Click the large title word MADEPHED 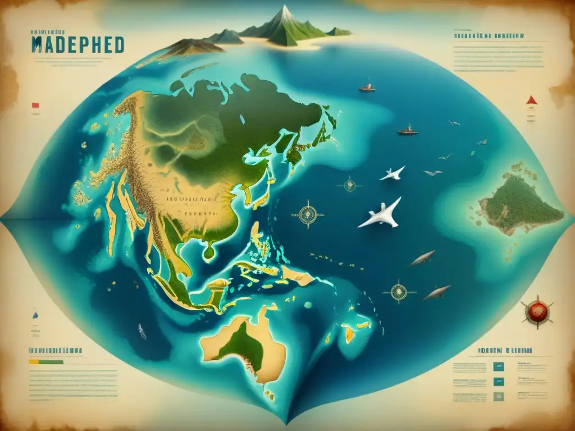[77, 45]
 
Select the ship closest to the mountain [367, 88]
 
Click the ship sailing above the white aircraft [408, 130]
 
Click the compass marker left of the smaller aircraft [350, 184]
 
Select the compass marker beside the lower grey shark [399, 291]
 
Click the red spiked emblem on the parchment [536, 310]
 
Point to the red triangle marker [531, 100]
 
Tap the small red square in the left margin [35, 105]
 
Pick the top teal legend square [498, 366]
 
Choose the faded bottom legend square [498, 396]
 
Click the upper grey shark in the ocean [422, 259]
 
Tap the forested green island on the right [519, 205]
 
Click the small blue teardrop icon [35, 315]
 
